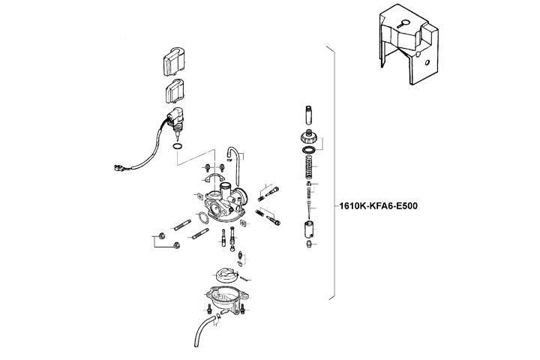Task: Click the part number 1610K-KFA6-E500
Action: pyautogui.click(x=378, y=206)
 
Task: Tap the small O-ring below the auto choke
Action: pyautogui.click(x=177, y=147)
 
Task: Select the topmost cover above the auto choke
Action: pyautogui.click(x=174, y=61)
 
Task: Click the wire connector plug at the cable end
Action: pyautogui.click(x=118, y=169)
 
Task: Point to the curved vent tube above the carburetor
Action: pyautogui.click(x=233, y=166)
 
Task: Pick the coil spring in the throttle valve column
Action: pyautogui.click(x=309, y=167)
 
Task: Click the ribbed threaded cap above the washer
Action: pyautogui.click(x=307, y=138)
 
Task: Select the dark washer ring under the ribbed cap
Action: pyautogui.click(x=308, y=150)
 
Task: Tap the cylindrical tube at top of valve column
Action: pyautogui.click(x=308, y=115)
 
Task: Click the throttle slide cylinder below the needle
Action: pyautogui.click(x=309, y=229)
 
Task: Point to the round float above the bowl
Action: pyautogui.click(x=226, y=275)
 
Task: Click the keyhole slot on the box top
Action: pyautogui.click(x=401, y=24)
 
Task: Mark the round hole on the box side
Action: pyautogui.click(x=427, y=63)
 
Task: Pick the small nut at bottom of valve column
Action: pyautogui.click(x=309, y=244)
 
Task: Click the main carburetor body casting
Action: pyautogui.click(x=226, y=203)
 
